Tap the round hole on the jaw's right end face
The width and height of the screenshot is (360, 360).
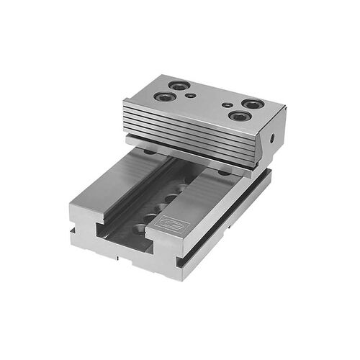[x=273, y=138]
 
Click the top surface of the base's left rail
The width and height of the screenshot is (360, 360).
[x=122, y=184]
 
